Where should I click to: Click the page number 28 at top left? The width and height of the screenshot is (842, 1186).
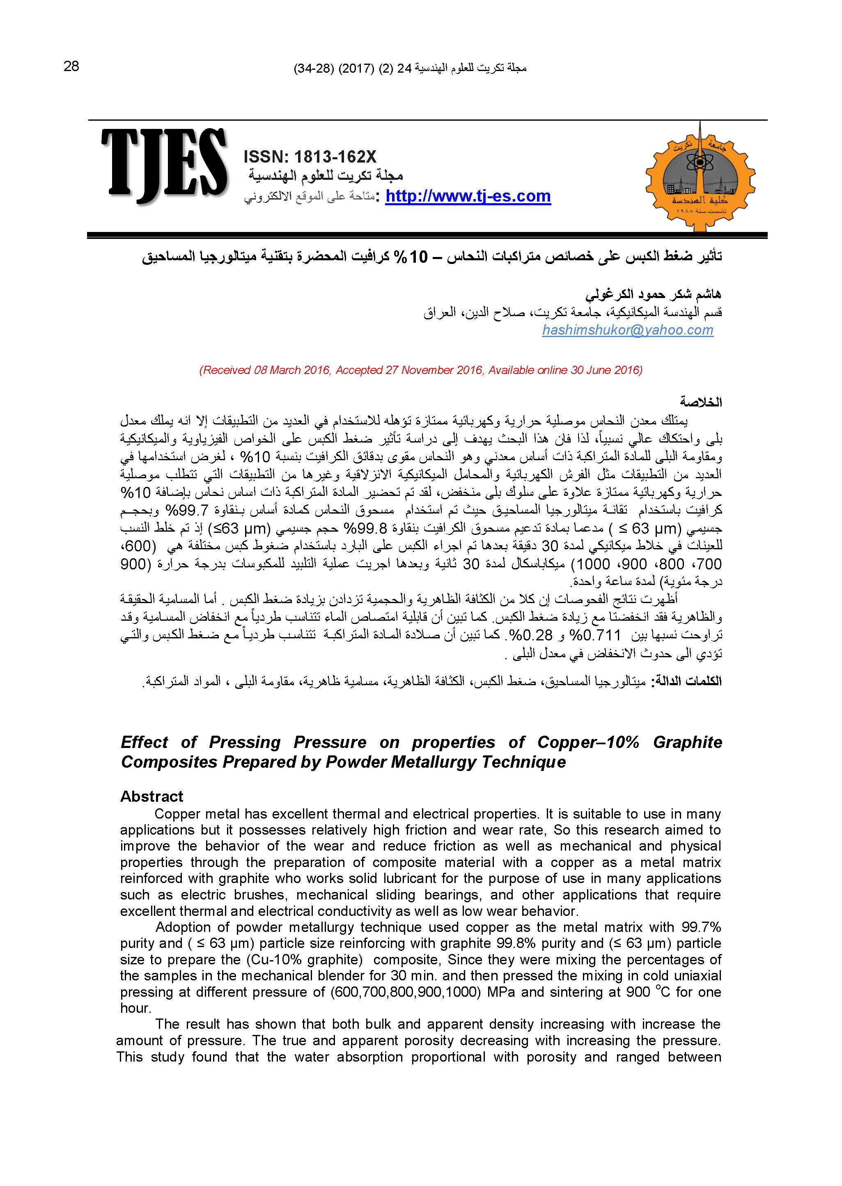[x=71, y=67]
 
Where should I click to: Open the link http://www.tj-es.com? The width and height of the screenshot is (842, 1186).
[x=468, y=197]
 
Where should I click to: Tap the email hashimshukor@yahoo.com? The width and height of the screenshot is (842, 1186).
[x=627, y=330]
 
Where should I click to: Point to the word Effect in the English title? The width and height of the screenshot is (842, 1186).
[x=144, y=742]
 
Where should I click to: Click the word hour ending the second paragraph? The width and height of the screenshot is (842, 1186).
[x=135, y=1008]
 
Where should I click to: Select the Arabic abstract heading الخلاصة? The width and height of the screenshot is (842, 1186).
[x=701, y=402]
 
